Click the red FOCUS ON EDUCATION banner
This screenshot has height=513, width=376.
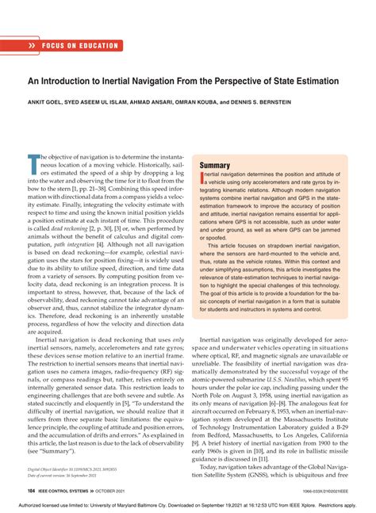coord(63,46)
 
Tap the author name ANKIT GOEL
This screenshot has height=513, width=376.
coord(48,101)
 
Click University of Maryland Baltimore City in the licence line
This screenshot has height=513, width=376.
coord(145,504)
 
